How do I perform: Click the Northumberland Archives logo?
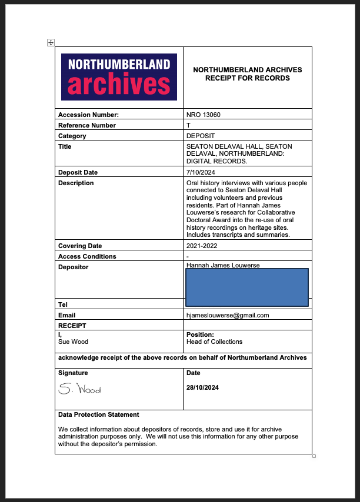tap(119, 77)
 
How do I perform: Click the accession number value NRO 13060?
tap(203, 115)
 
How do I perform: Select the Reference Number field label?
tap(87, 125)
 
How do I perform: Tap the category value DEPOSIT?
tap(201, 136)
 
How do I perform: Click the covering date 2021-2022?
tap(202, 246)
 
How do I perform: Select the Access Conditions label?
tap(87, 256)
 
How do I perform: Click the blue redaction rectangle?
tap(247, 287)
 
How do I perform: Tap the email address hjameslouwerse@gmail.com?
tap(228, 315)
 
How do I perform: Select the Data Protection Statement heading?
tap(98, 414)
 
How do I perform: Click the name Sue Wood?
tap(72, 342)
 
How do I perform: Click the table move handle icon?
tap(51, 42)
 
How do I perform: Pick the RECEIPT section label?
tap(72, 325)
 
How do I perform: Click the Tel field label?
tap(63, 304)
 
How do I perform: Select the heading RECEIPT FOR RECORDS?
tap(248, 78)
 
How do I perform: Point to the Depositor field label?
tap(73, 267)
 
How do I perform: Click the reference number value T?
tap(188, 125)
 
